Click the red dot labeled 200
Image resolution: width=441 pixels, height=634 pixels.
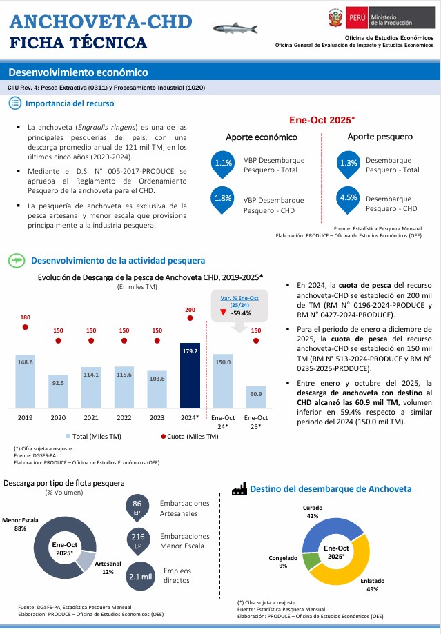190,320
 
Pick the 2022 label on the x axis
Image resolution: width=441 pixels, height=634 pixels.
124,418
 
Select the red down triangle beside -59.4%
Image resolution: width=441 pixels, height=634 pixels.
223,313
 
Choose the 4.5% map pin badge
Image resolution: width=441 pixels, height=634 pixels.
349,199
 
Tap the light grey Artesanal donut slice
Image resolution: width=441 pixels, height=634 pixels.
85,561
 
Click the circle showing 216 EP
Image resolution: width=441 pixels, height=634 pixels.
138,541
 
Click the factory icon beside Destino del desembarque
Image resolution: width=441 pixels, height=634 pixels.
239,488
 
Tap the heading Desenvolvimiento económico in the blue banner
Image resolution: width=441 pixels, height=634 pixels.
79,72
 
